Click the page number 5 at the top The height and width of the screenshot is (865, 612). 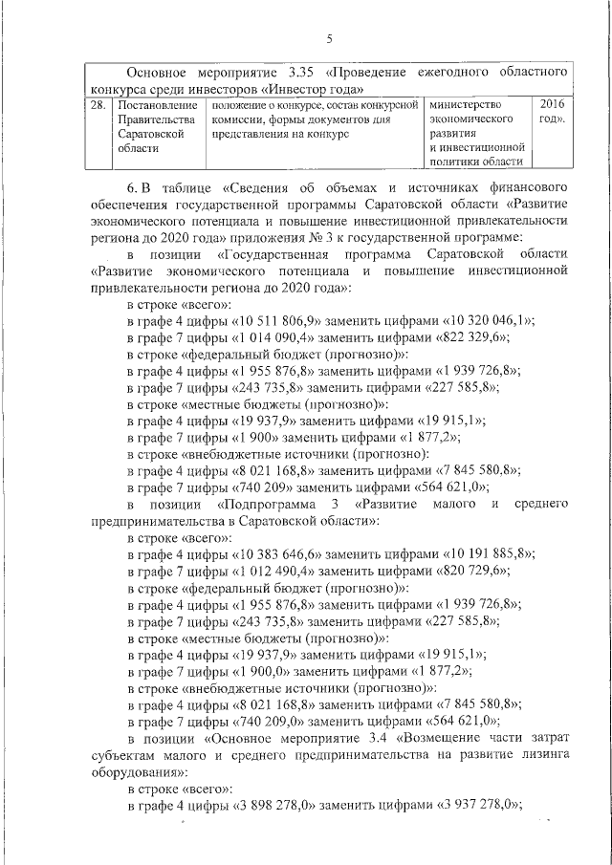[x=329, y=39]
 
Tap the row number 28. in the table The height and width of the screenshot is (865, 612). [x=97, y=103]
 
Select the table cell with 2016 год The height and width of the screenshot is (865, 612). [x=551, y=111]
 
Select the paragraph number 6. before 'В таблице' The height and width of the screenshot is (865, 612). [x=135, y=182]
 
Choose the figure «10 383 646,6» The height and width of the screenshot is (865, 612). [x=282, y=555]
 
